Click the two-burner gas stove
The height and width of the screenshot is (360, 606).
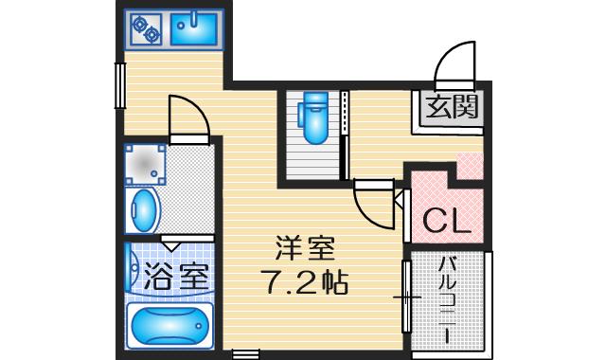pos(148,31)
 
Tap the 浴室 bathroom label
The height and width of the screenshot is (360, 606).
pos(175,276)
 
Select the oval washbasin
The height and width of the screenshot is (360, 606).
pos(144,210)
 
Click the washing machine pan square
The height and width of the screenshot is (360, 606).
pos(146,164)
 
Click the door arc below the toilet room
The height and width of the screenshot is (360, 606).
pos(371,202)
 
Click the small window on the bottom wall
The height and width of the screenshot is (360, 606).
pos(244,355)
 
